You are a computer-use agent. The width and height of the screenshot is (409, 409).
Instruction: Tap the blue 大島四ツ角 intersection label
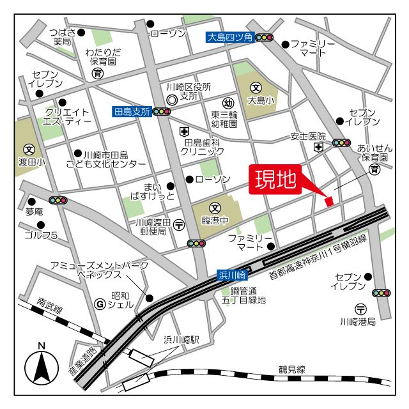tap(231, 38)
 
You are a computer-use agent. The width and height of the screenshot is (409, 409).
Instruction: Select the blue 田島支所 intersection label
tap(132, 111)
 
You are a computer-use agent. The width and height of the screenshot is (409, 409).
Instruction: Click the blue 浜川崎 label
tap(231, 275)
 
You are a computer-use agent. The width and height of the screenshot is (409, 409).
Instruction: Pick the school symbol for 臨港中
tap(215, 208)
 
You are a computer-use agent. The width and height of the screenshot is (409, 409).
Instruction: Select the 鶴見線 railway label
tap(292, 369)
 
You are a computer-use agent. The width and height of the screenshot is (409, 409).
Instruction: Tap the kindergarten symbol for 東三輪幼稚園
tap(228, 104)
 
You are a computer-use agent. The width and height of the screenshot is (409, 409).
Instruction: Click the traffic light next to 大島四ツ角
tap(264, 38)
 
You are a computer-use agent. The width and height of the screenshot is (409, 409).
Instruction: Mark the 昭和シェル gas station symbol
tap(99, 304)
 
